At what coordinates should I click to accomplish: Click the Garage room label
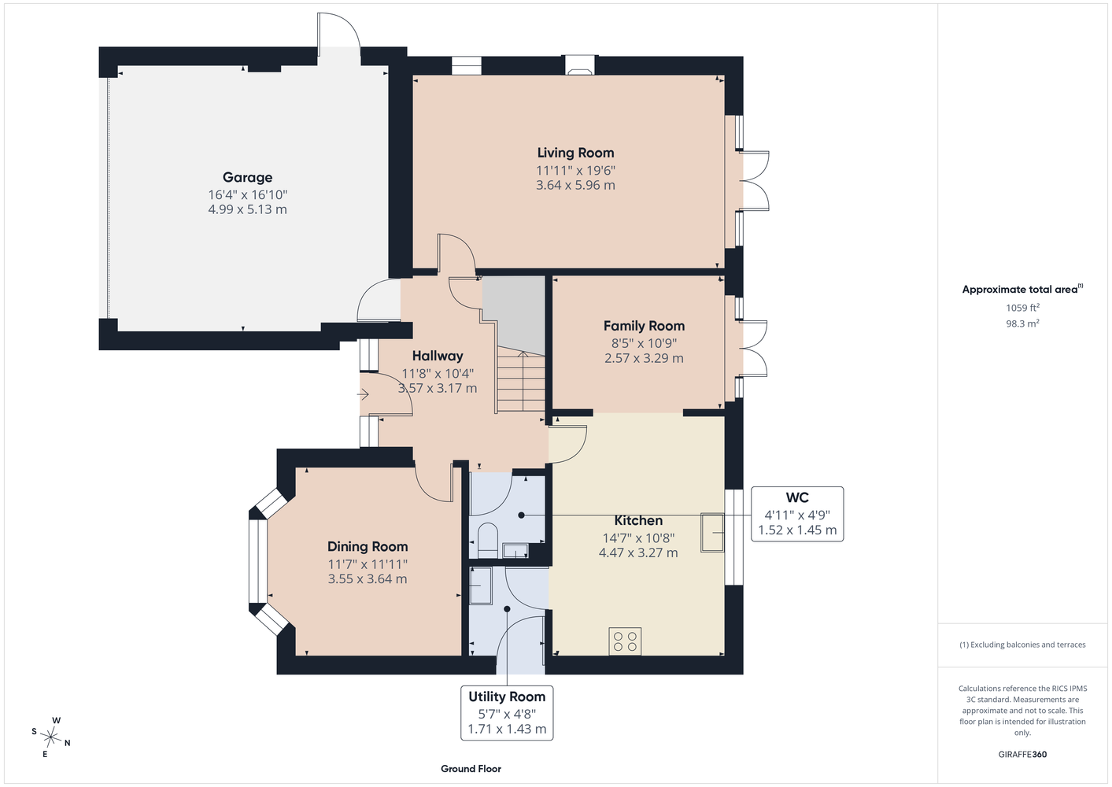pyautogui.click(x=247, y=177)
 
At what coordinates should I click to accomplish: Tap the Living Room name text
pyautogui.click(x=575, y=153)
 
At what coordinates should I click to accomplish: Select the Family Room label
pyautogui.click(x=644, y=327)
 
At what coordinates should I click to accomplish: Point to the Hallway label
pyautogui.click(x=438, y=356)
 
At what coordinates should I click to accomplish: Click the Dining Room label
pyautogui.click(x=368, y=547)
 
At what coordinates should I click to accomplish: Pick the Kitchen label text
pyautogui.click(x=638, y=520)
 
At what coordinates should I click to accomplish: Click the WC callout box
pyautogui.click(x=797, y=514)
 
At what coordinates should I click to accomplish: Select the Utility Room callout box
pyautogui.click(x=507, y=713)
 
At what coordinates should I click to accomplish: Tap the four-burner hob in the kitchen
pyautogui.click(x=625, y=641)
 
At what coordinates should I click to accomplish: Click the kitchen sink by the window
pyautogui.click(x=712, y=533)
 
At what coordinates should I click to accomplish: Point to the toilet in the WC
pyautogui.click(x=487, y=541)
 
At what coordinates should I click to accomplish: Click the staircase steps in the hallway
pyautogui.click(x=521, y=380)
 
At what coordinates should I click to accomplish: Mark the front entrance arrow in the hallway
pyautogui.click(x=363, y=395)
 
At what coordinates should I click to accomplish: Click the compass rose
pyautogui.click(x=50, y=737)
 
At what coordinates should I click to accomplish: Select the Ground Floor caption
pyautogui.click(x=471, y=769)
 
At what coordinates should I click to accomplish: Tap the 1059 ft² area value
pyautogui.click(x=1022, y=308)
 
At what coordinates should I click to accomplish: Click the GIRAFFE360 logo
pyautogui.click(x=1022, y=754)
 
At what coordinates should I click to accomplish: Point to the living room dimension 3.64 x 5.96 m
pyautogui.click(x=575, y=185)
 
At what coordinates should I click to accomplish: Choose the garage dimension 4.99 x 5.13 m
pyautogui.click(x=247, y=209)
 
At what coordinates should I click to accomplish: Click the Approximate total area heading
pyautogui.click(x=1022, y=289)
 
